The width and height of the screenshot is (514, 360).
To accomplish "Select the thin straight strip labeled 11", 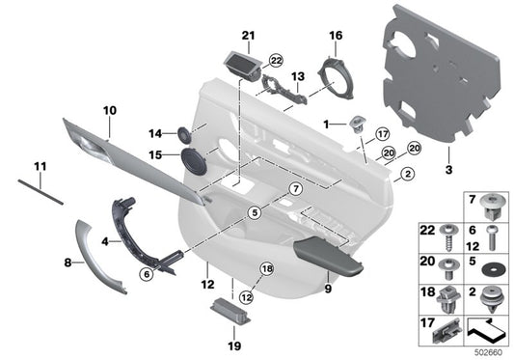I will (x=40, y=191).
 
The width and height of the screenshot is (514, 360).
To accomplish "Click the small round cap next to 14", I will (x=182, y=133).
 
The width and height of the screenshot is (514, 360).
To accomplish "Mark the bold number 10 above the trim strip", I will (x=108, y=111).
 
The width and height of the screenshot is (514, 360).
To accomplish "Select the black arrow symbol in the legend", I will (x=490, y=331).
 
